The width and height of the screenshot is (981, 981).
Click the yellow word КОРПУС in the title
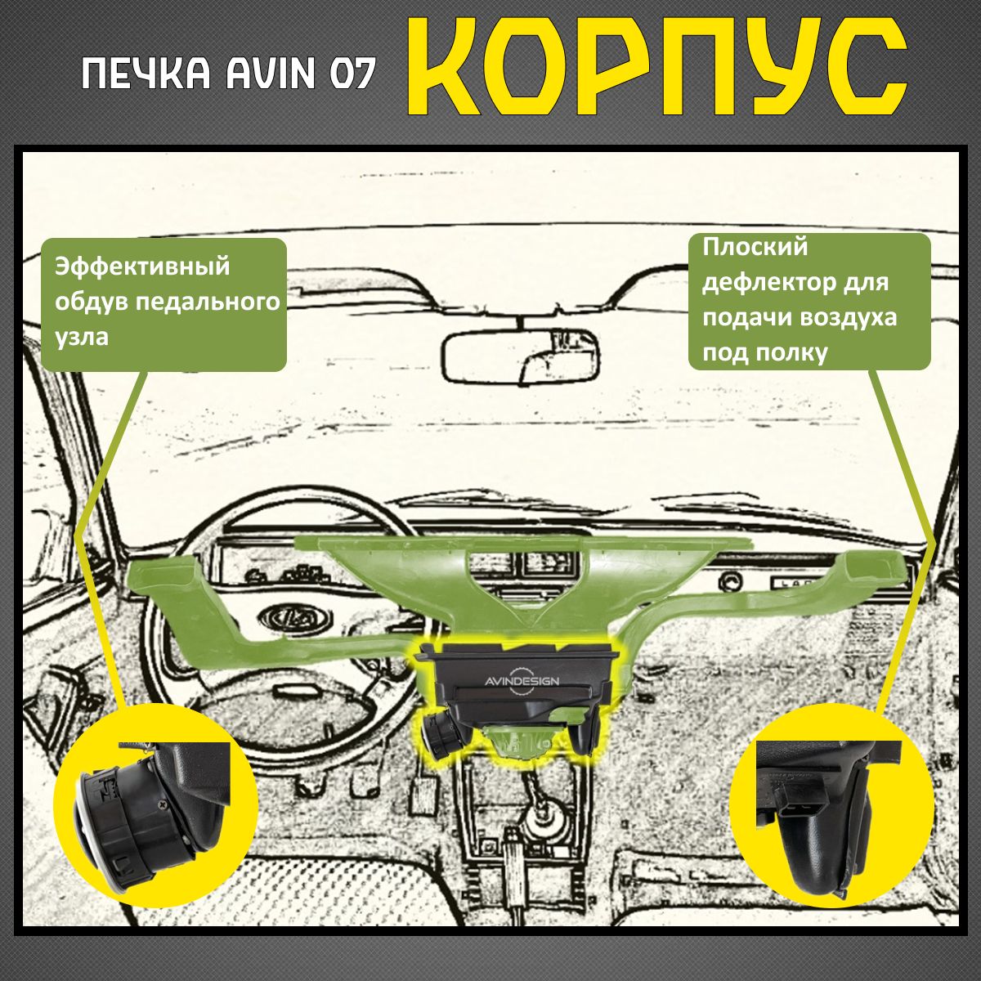[656, 69]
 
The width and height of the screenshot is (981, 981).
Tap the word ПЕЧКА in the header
[146, 74]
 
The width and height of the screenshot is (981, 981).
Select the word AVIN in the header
[271, 74]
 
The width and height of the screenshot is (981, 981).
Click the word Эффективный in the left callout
[142, 267]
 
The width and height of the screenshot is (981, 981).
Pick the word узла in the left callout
[82, 337]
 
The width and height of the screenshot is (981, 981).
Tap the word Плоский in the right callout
[755, 248]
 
